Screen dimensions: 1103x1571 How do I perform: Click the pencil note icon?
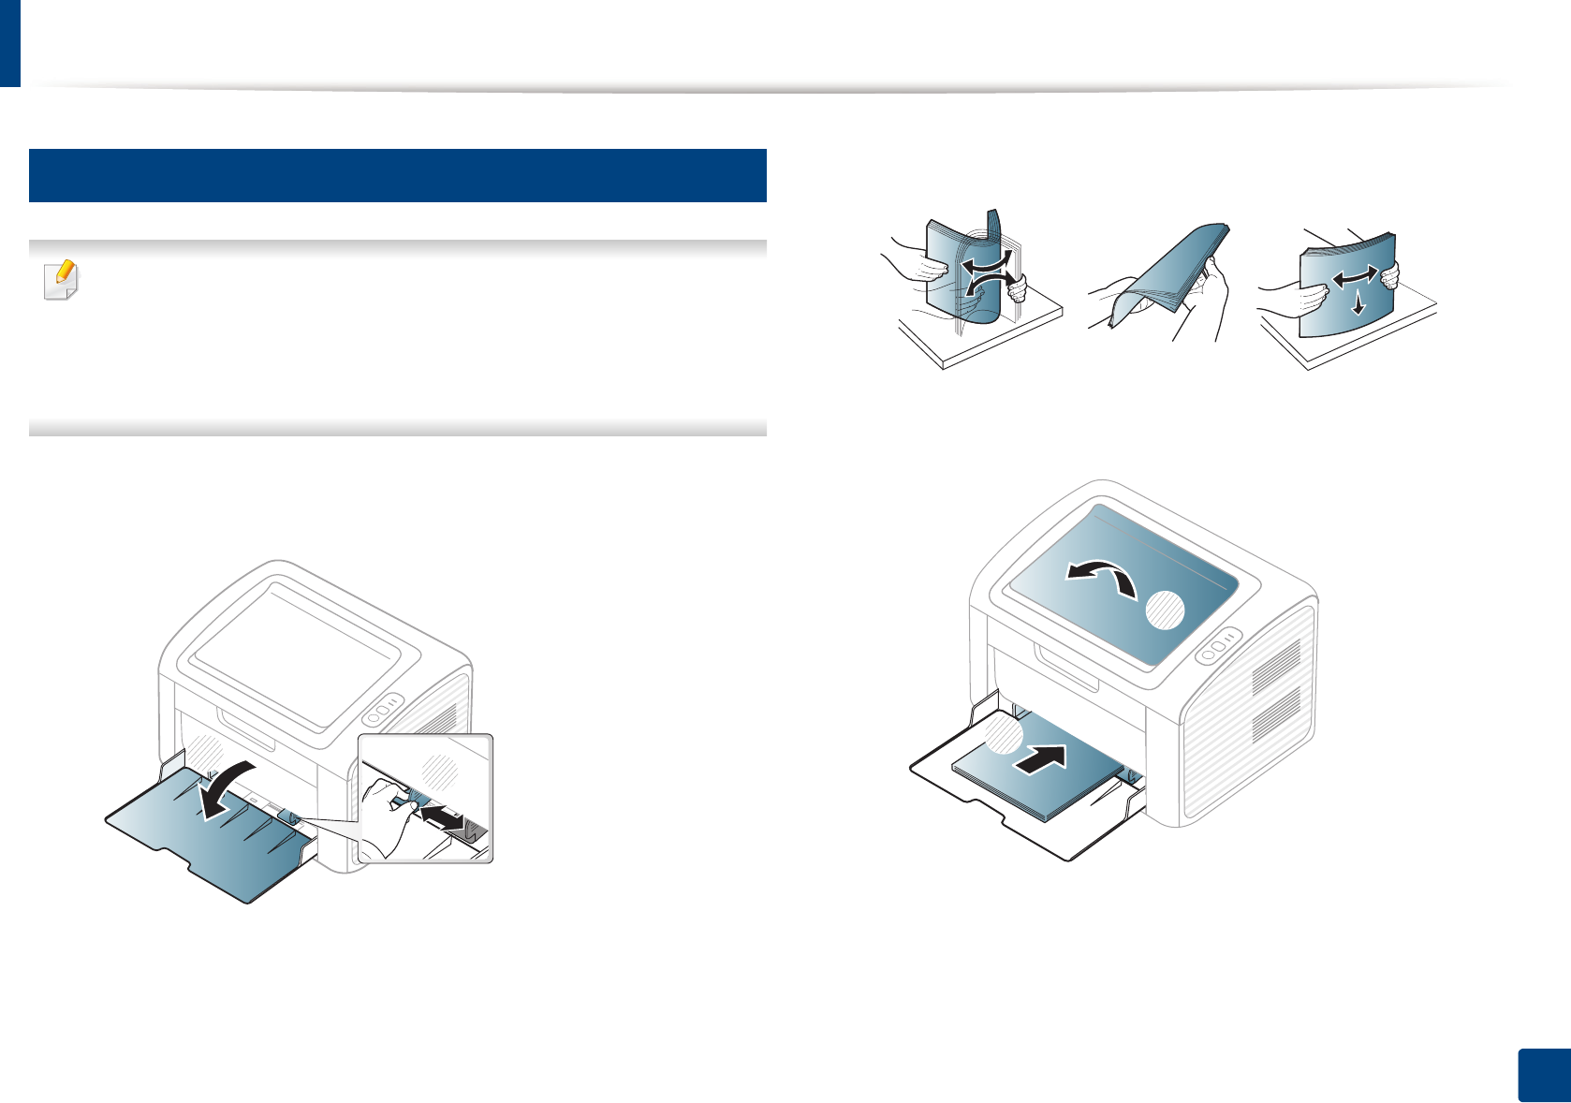coord(63,279)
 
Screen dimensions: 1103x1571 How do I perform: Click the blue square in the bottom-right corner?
coord(1542,1076)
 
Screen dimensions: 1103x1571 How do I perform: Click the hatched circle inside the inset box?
coord(440,771)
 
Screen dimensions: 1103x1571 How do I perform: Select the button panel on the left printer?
coord(382,710)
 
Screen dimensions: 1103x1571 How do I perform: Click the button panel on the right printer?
coord(1218,647)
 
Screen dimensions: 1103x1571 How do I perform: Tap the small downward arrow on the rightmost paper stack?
coord(1358,303)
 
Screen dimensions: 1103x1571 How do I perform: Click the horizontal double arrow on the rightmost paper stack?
coord(1355,276)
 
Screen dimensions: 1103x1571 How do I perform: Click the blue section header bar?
coord(398,175)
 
